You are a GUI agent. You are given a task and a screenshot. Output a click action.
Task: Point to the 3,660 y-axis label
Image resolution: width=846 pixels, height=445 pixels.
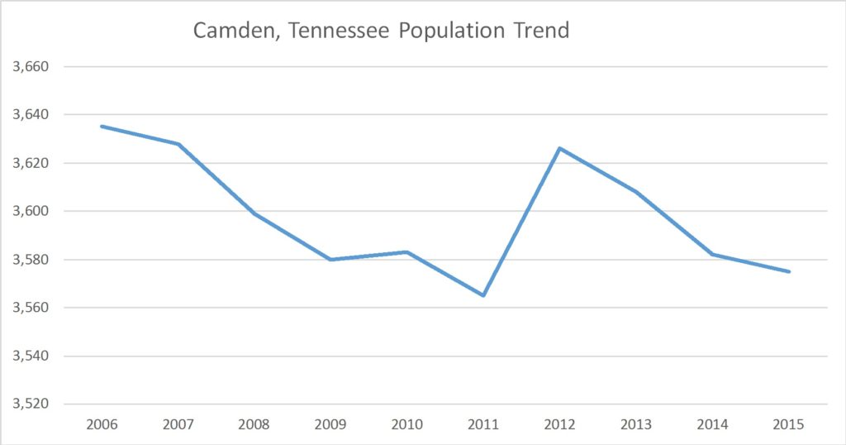coord(28,66)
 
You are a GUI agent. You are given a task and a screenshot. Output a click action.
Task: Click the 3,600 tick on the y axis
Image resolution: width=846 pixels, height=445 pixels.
coord(28,211)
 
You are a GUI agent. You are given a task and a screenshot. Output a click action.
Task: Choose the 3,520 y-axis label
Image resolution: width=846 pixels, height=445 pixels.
coord(28,404)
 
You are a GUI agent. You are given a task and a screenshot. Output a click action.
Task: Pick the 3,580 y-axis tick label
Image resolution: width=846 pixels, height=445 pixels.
coord(28,260)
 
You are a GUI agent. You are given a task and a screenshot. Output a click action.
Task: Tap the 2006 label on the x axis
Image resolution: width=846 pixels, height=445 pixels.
coord(102,424)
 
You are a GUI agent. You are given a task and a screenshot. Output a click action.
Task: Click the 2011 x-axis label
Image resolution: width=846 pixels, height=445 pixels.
coord(483,424)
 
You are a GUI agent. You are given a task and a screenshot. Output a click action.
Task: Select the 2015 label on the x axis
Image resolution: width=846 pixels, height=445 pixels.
coord(789,424)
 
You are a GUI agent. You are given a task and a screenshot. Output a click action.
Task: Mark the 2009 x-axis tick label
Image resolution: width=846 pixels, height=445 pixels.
coord(330,424)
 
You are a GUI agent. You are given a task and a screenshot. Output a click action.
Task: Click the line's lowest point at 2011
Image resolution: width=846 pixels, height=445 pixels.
coord(483,295)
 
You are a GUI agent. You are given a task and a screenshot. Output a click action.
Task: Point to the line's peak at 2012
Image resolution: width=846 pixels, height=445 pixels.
coord(559,148)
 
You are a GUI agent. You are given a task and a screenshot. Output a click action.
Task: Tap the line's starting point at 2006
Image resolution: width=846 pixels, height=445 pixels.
coord(102,126)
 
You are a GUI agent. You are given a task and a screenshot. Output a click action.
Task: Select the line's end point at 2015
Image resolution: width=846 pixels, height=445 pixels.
coord(789,271)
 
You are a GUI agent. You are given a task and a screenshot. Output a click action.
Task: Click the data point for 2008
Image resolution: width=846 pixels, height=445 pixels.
coord(254,213)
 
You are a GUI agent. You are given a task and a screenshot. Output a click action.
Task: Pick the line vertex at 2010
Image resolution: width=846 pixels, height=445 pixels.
coord(407,251)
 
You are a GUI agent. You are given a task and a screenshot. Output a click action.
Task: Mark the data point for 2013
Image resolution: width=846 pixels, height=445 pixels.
coord(636,192)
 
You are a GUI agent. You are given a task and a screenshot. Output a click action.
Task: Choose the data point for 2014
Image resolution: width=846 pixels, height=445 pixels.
coord(712,254)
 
